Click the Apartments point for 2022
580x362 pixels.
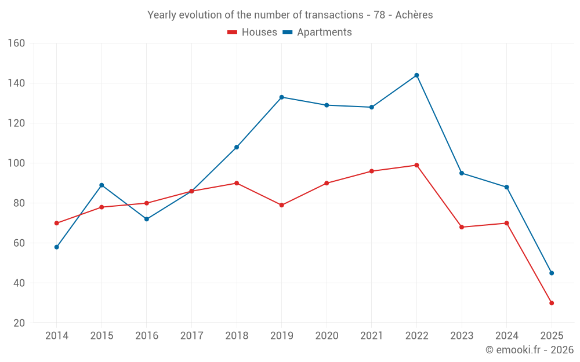pos(416,75)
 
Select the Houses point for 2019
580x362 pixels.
pos(281,205)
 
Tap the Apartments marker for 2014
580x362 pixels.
pos(56,247)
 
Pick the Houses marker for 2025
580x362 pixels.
pos(552,303)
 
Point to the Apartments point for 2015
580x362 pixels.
pos(101,185)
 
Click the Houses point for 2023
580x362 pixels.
pos(462,227)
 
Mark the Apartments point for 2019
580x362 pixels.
pos(281,97)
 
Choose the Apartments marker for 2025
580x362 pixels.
pos(552,273)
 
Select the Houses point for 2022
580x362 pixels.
pos(416,165)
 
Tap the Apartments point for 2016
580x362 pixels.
pos(146,219)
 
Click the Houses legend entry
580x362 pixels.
pos(252,32)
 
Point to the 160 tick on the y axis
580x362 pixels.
pos(16,43)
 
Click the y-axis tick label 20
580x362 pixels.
pos(19,323)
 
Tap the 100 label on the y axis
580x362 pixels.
pos(16,163)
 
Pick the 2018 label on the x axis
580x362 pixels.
pos(237,336)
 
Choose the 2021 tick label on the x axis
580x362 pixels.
pos(372,336)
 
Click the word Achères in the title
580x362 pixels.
pos(414,15)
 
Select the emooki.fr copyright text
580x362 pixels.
pos(530,350)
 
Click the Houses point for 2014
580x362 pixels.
pos(56,223)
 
